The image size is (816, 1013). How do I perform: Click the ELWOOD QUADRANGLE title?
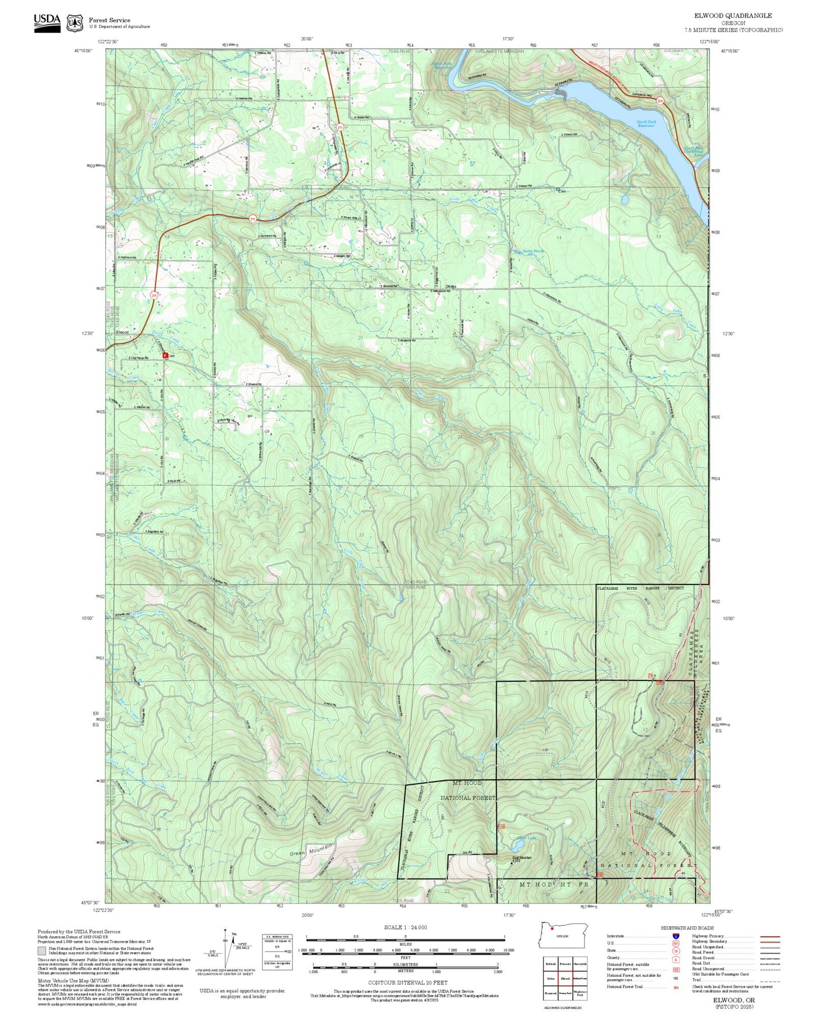coord(733,15)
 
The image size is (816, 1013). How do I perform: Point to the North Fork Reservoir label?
coord(645,124)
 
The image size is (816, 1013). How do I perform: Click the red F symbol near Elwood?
coord(165,355)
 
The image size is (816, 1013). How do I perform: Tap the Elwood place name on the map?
coord(122,333)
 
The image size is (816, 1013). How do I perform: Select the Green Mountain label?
coord(312,849)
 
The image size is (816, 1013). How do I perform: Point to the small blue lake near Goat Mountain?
coord(517,846)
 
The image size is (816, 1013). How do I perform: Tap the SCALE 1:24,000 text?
coord(405,927)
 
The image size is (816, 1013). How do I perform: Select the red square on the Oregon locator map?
coord(552,928)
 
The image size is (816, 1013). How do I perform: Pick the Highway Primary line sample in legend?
coord(769,936)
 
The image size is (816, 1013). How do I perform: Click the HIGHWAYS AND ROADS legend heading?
coord(687,928)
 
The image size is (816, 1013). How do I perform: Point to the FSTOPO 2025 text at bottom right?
coord(734,1006)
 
